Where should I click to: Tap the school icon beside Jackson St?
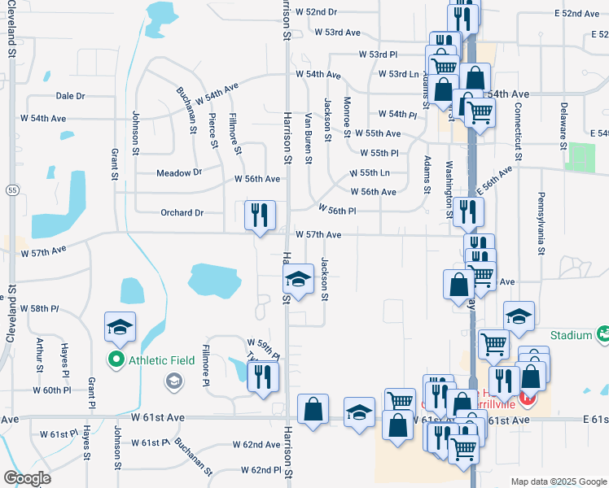[x=299, y=281]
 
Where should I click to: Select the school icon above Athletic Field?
[x=120, y=327]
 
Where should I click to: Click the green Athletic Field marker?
[x=116, y=359]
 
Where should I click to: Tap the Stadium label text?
[x=570, y=335]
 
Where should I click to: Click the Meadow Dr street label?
[x=179, y=172]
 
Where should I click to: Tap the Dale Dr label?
[x=70, y=96]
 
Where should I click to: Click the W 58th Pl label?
[x=40, y=309]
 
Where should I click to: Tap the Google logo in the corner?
[x=27, y=478]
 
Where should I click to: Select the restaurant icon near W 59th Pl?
[x=263, y=377]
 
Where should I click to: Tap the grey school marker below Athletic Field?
[x=173, y=380]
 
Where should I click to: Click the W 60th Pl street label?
[x=53, y=390]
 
